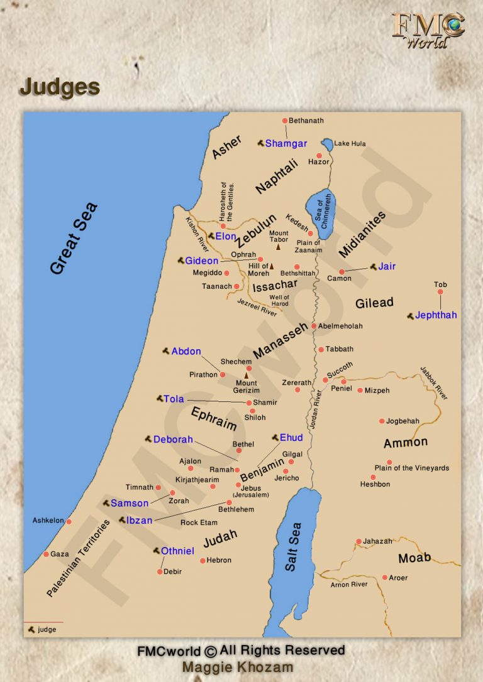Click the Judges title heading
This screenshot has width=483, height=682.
pyautogui.click(x=60, y=87)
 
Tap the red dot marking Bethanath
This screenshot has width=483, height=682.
pyautogui.click(x=284, y=121)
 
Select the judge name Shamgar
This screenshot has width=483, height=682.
pyautogui.click(x=286, y=144)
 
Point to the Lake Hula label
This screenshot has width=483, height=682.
pyautogui.click(x=350, y=144)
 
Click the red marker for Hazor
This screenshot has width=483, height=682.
pyautogui.click(x=319, y=155)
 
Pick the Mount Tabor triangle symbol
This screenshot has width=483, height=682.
pyautogui.click(x=278, y=247)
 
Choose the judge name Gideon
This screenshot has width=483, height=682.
pyautogui.click(x=201, y=261)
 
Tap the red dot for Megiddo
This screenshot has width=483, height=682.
pyautogui.click(x=226, y=273)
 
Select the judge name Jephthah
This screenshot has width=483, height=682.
pyautogui.click(x=436, y=315)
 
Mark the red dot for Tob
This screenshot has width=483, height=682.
pyautogui.click(x=440, y=291)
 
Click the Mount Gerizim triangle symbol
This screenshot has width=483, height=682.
pyautogui.click(x=247, y=375)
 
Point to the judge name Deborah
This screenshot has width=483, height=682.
pyautogui.click(x=173, y=440)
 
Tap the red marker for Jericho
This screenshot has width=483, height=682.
pyautogui.click(x=286, y=471)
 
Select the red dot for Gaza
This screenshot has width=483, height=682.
pyautogui.click(x=46, y=554)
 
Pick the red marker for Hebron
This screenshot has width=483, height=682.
pyautogui.click(x=203, y=560)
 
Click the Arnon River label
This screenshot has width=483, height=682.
pyautogui.click(x=349, y=585)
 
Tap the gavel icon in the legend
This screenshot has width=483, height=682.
pyautogui.click(x=30, y=629)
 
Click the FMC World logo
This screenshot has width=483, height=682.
pyautogui.click(x=428, y=30)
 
